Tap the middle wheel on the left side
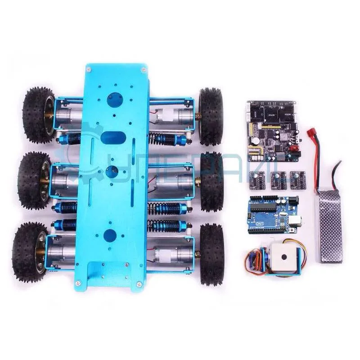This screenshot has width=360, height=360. click(34, 180)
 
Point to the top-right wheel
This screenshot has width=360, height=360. click(211, 116)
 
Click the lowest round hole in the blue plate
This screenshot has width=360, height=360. click(110, 234)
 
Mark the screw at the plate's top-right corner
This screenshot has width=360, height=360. click(144, 69)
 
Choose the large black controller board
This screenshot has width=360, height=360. click(270, 131)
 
